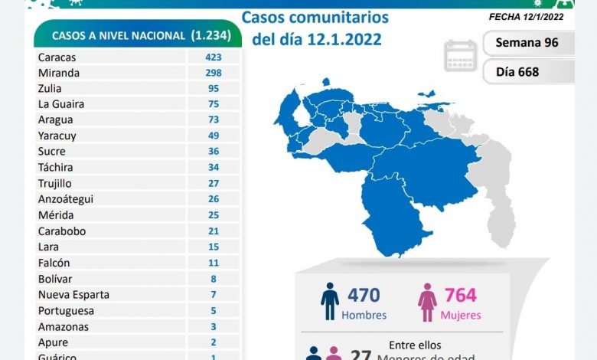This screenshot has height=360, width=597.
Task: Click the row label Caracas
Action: [57, 57]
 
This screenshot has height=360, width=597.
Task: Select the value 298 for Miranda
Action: [214, 73]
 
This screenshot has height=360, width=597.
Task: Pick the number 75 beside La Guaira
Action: [214, 104]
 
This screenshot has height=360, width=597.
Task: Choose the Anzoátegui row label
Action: [65, 199]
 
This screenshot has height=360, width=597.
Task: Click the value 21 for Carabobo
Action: [214, 231]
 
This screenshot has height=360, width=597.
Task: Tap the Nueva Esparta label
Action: [73, 295]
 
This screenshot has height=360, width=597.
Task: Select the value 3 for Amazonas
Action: [214, 327]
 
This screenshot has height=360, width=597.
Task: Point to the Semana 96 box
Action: [528, 43]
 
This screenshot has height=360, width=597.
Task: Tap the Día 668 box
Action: [528, 72]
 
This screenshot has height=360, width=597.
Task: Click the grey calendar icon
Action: [461, 57]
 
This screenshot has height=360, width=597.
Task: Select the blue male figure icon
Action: [330, 302]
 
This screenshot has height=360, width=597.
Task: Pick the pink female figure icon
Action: [427, 303]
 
